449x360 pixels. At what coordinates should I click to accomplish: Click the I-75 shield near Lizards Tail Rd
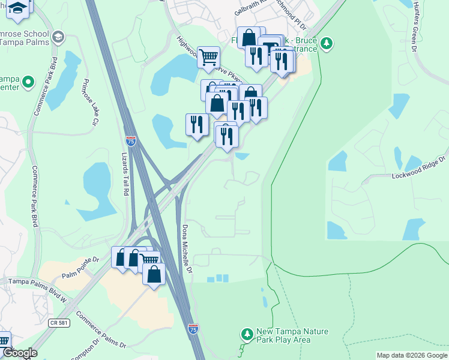click(x=131, y=141)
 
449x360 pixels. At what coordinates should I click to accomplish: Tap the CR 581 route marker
click(x=56, y=323)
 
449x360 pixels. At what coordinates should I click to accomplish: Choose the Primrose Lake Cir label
click(x=91, y=102)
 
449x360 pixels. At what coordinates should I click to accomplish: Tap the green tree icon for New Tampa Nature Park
click(x=246, y=333)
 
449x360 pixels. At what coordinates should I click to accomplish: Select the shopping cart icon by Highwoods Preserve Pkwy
click(x=208, y=58)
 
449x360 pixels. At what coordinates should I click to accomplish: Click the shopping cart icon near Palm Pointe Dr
click(x=149, y=260)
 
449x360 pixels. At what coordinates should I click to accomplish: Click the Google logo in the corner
click(x=19, y=353)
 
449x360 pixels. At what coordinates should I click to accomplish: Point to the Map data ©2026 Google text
click(x=412, y=355)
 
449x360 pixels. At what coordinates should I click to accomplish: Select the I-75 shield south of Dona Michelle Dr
click(x=193, y=329)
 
